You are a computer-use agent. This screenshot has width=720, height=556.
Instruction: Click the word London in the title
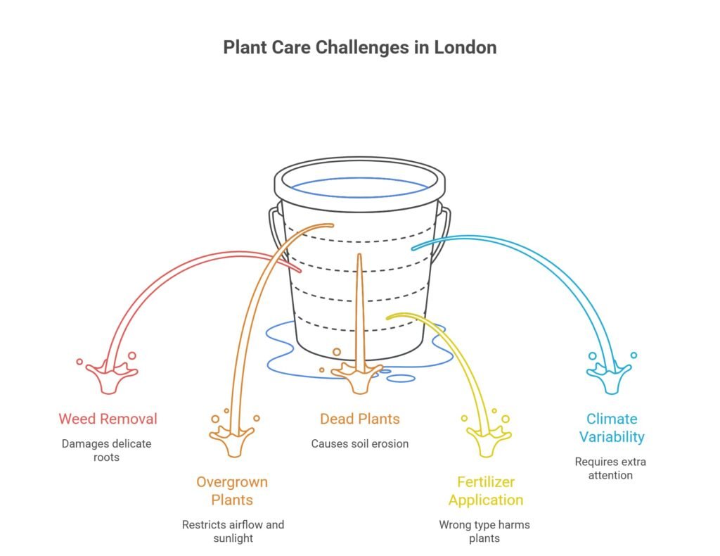click(x=464, y=48)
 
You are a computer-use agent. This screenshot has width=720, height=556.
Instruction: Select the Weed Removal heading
click(x=108, y=419)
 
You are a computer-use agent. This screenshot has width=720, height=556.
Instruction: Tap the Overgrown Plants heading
click(x=232, y=491)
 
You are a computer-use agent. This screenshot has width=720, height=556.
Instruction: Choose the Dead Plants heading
click(x=359, y=419)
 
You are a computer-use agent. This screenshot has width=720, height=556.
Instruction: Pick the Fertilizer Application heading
click(x=486, y=491)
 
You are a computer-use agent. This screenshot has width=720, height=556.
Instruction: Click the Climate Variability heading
click(x=612, y=428)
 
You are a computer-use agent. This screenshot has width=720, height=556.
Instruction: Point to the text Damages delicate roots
click(x=106, y=450)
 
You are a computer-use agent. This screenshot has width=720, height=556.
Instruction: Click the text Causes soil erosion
click(x=359, y=444)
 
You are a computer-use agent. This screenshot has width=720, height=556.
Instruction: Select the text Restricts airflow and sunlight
click(x=233, y=531)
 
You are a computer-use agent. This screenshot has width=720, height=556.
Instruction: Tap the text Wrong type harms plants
click(x=484, y=531)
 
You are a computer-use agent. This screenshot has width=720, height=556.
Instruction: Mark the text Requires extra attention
click(x=610, y=469)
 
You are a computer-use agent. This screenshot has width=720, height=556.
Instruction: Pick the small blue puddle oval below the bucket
click(x=401, y=379)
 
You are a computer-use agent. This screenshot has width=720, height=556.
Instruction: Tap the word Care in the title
click(x=285, y=48)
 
